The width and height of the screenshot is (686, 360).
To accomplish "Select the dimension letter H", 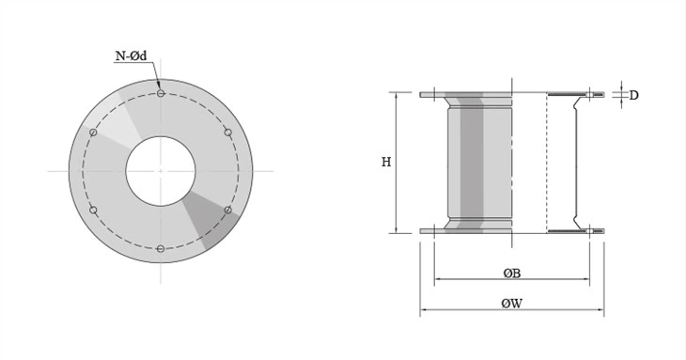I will coord(385,162).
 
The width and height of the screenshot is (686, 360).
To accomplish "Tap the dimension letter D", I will coord(634,95).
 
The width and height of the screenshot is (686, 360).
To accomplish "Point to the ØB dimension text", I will coord(512,273).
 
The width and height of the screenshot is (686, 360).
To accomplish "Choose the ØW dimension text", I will coord(512,304).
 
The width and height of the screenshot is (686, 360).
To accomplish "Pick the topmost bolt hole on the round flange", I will coord(161,93).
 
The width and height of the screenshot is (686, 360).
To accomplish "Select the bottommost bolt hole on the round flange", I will coord(161,248).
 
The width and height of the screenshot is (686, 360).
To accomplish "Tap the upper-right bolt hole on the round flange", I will coord(228,132).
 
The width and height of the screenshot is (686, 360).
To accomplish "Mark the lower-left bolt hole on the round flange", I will coord(93,210).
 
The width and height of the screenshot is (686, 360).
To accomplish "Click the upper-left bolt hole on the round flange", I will coord(93,132).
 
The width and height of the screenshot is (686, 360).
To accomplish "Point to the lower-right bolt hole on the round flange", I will coord(228,210).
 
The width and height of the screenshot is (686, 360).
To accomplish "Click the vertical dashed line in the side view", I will coord(547,162).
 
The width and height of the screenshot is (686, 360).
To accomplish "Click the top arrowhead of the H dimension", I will coord(397,96).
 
